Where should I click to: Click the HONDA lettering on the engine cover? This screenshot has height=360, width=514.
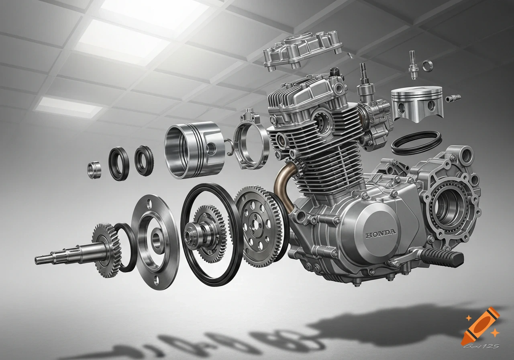pyautogui.click(x=380, y=233)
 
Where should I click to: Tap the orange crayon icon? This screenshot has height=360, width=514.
pyautogui.click(x=479, y=326)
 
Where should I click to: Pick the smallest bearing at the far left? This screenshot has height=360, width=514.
pyautogui.click(x=94, y=169)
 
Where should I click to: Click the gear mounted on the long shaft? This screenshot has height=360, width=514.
pyautogui.click(x=106, y=250)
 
